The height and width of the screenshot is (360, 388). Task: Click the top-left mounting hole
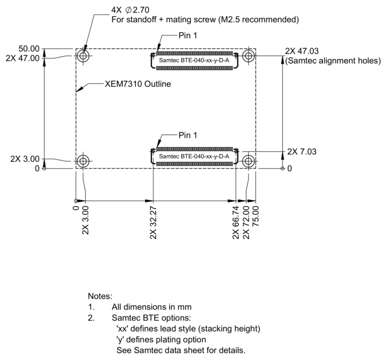pos(83,56)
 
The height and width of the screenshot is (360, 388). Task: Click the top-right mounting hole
pos(248,56)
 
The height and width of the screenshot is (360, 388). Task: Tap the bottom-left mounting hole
pos(83,161)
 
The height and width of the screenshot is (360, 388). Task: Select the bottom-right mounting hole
pos(248,161)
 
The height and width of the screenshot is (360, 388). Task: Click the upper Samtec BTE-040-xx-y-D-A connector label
pos(194,61)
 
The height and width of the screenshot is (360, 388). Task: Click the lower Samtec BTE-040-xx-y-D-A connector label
pos(194,157)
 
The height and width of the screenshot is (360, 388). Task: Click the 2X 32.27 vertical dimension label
pos(153,223)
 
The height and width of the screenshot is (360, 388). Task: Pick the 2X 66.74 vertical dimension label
pos(236,223)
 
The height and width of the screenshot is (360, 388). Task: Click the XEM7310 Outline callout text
pos(137,84)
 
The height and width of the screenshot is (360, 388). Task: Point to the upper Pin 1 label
pos(188,36)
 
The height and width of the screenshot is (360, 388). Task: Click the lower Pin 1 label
pos(188,135)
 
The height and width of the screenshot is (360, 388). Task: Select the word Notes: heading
pos(100,296)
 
